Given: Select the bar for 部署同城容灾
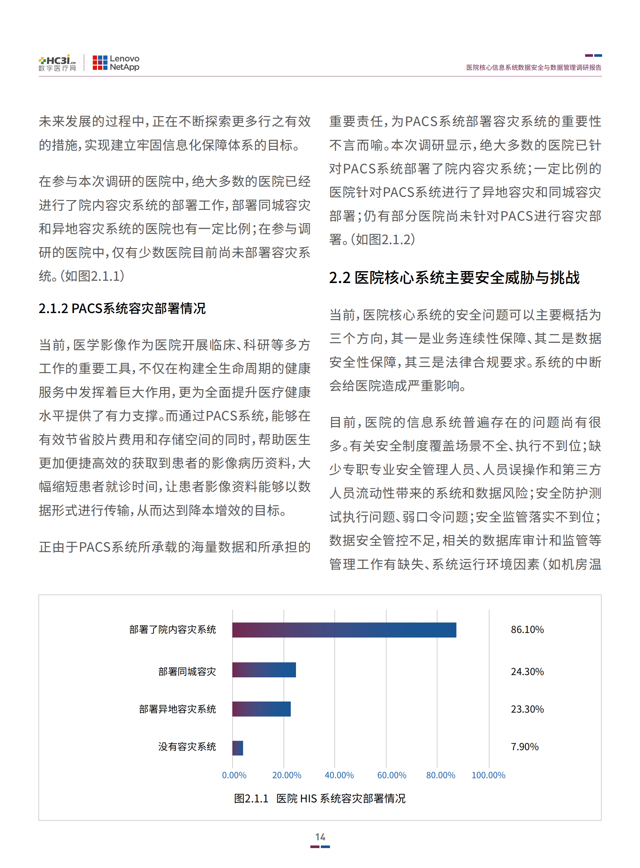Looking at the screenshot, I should pyautogui.click(x=264, y=670).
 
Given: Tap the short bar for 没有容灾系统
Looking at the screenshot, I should pyautogui.click(x=238, y=748).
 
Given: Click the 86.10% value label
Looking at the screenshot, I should pyautogui.click(x=527, y=629).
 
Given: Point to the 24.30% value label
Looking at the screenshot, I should pyautogui.click(x=527, y=671).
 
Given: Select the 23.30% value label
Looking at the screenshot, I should pyautogui.click(x=527, y=709).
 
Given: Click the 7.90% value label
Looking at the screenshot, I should pyautogui.click(x=525, y=747).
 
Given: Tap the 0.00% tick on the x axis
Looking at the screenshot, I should pyautogui.click(x=234, y=775).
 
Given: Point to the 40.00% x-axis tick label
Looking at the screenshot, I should pyautogui.click(x=339, y=775).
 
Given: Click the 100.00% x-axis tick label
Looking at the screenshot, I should pyautogui.click(x=488, y=775).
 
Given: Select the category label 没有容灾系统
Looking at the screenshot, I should pyautogui.click(x=187, y=747).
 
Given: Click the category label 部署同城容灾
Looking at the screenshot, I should pyautogui.click(x=187, y=671).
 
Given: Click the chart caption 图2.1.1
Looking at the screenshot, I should pyautogui.click(x=320, y=798).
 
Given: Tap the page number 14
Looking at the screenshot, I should pyautogui.click(x=320, y=837).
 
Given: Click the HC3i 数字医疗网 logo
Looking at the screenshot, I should pyautogui.click(x=57, y=63).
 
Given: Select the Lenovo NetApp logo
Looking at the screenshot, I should pyautogui.click(x=116, y=63).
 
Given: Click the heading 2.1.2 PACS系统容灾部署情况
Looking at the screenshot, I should pyautogui.click(x=122, y=308).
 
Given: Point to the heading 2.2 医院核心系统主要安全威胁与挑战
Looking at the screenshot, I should pyautogui.click(x=454, y=277).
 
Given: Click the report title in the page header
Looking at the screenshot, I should pyautogui.click(x=533, y=67).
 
